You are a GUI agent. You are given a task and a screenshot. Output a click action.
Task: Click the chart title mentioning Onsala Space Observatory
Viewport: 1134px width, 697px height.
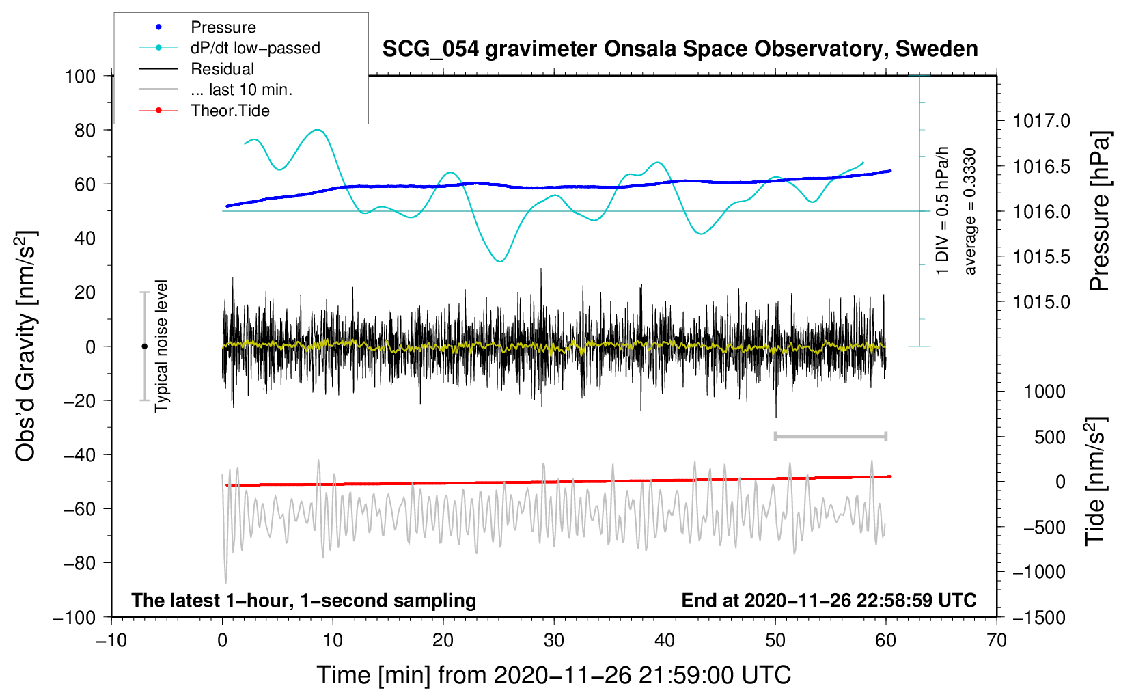(x=680, y=49)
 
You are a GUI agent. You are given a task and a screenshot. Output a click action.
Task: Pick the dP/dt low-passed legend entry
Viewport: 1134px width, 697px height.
(x=255, y=48)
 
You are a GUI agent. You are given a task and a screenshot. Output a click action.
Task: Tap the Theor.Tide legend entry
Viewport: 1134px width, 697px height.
(x=230, y=111)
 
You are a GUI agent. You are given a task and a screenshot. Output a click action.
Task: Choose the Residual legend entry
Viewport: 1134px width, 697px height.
(x=222, y=69)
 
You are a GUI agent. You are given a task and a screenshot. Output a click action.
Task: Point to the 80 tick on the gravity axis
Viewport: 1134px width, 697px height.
(x=85, y=130)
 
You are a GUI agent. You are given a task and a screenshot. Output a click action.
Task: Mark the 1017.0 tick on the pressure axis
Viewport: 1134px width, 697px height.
(x=1041, y=121)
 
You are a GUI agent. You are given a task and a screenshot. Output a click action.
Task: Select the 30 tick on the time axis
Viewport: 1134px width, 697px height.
(x=554, y=640)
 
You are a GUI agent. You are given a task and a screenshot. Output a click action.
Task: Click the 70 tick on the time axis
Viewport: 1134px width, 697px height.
(x=997, y=640)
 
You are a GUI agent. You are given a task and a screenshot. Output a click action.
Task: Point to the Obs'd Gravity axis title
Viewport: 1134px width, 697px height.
(x=25, y=346)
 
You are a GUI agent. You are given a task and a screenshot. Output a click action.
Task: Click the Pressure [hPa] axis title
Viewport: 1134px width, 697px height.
(x=1099, y=211)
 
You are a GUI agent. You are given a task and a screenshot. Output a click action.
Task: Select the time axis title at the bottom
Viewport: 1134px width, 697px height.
(x=553, y=675)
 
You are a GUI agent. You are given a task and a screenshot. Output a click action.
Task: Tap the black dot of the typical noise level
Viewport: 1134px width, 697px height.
(x=144, y=346)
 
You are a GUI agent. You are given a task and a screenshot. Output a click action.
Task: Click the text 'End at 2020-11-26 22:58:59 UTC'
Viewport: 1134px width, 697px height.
(x=829, y=600)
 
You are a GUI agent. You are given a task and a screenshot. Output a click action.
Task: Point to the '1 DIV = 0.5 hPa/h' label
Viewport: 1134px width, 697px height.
(x=943, y=210)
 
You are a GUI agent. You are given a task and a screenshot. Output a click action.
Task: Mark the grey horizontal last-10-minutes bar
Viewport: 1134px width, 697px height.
(x=830, y=437)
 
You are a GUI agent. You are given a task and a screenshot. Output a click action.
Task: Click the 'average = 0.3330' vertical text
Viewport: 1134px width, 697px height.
(x=970, y=210)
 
